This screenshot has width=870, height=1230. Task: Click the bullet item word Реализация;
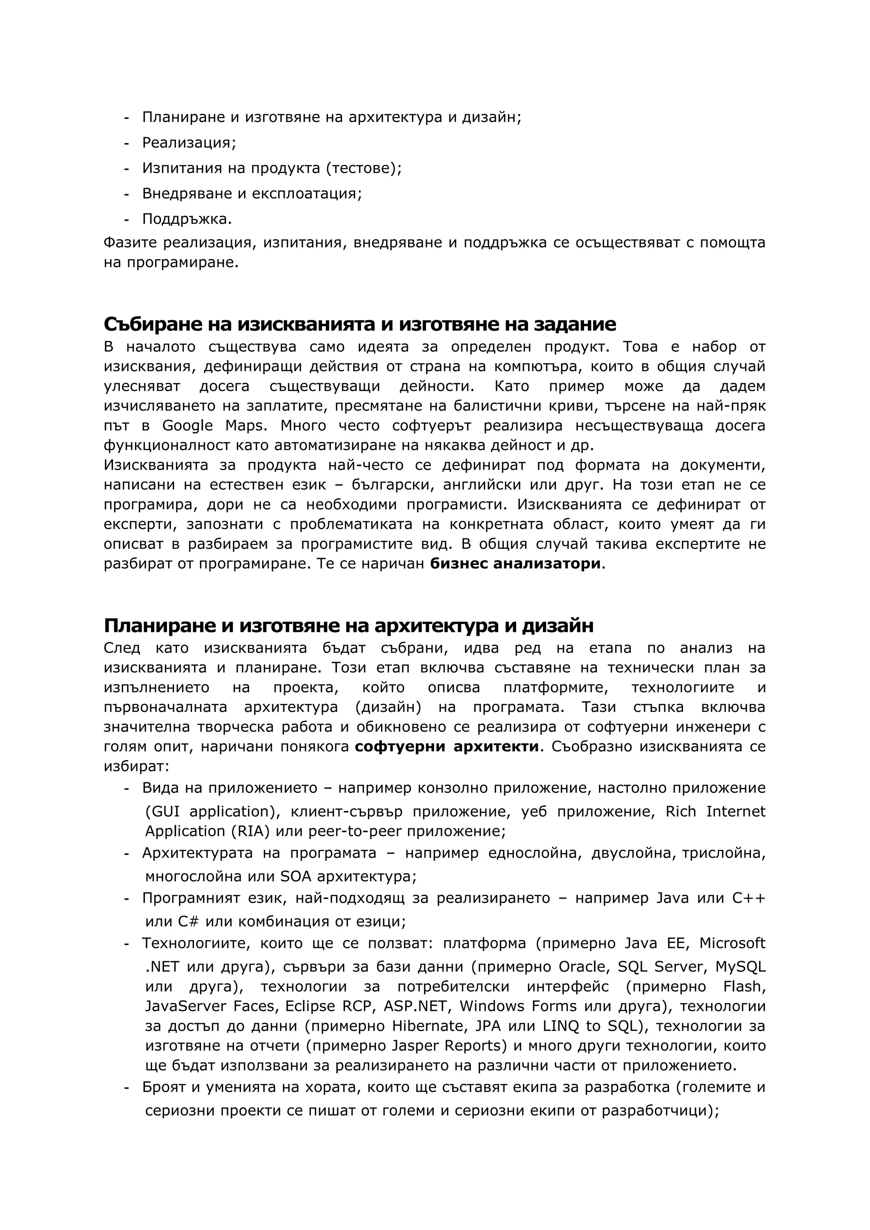point(189,143)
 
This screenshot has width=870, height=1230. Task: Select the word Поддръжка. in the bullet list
point(187,219)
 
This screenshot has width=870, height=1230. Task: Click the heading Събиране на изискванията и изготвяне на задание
point(359,324)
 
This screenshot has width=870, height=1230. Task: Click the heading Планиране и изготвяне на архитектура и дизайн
point(348,626)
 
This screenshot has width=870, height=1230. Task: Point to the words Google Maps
point(214,425)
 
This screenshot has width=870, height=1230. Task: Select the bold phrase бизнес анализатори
point(515,564)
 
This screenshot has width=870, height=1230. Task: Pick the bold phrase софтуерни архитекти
point(447,746)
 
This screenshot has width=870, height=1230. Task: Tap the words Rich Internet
point(715,812)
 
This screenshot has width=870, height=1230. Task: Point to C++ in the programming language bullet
point(749,898)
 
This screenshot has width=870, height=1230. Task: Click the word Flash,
point(744,986)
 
